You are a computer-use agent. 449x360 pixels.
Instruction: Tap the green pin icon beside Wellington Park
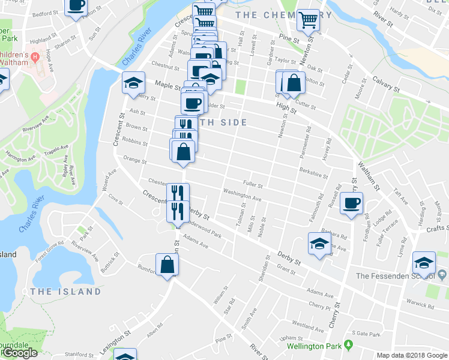[x=348, y=346]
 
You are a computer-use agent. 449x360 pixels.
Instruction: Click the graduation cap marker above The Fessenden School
[x=424, y=263]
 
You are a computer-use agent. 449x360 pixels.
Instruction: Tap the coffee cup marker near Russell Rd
[x=352, y=203]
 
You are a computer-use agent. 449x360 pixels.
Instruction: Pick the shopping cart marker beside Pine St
[x=309, y=20]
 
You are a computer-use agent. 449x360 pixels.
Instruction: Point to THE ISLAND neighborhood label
[x=65, y=292]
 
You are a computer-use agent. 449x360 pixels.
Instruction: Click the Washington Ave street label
[x=242, y=195]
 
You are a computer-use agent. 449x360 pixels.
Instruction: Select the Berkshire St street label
[x=313, y=173]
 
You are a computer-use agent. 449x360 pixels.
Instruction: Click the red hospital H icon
[x=35, y=58]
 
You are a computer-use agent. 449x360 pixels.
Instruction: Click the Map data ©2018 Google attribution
[x=411, y=355]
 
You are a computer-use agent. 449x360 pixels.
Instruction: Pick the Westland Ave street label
[x=309, y=328]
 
